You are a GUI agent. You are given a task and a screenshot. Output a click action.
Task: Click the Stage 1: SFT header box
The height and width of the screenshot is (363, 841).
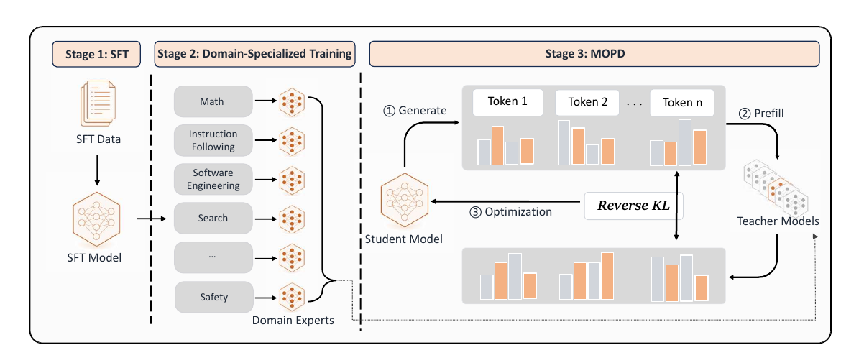point(96,54)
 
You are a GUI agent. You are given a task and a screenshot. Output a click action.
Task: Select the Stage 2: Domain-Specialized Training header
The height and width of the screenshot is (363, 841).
point(254,54)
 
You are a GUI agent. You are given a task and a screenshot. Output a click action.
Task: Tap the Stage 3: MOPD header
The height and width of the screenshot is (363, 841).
point(594,54)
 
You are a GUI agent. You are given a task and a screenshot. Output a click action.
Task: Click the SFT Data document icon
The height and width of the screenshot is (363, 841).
point(98,104)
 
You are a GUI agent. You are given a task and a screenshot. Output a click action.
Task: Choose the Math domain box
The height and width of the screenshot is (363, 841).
point(213,101)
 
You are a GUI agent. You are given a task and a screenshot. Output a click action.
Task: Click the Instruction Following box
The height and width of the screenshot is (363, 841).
point(213,140)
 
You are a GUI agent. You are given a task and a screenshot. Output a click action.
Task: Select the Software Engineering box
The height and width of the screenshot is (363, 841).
point(213,179)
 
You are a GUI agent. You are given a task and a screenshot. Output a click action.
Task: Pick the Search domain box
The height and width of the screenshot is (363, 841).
point(213,219)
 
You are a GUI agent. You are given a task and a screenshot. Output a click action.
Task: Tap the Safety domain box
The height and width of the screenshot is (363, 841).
point(214,297)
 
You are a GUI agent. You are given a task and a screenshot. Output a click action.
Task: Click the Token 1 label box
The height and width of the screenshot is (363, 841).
point(507,102)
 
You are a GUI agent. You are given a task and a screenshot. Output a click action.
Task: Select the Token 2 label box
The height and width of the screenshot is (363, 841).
point(587,102)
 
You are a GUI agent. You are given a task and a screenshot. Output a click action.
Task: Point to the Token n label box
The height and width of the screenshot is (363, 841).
point(681,102)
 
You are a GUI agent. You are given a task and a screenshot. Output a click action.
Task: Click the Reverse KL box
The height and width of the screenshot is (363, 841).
point(633,206)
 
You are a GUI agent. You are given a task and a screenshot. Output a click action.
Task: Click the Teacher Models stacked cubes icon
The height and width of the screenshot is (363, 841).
point(775,187)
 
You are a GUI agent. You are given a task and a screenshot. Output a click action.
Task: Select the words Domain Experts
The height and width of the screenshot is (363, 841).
point(293,321)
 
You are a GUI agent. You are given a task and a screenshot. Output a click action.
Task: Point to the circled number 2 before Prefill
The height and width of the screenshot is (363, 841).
point(744,114)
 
